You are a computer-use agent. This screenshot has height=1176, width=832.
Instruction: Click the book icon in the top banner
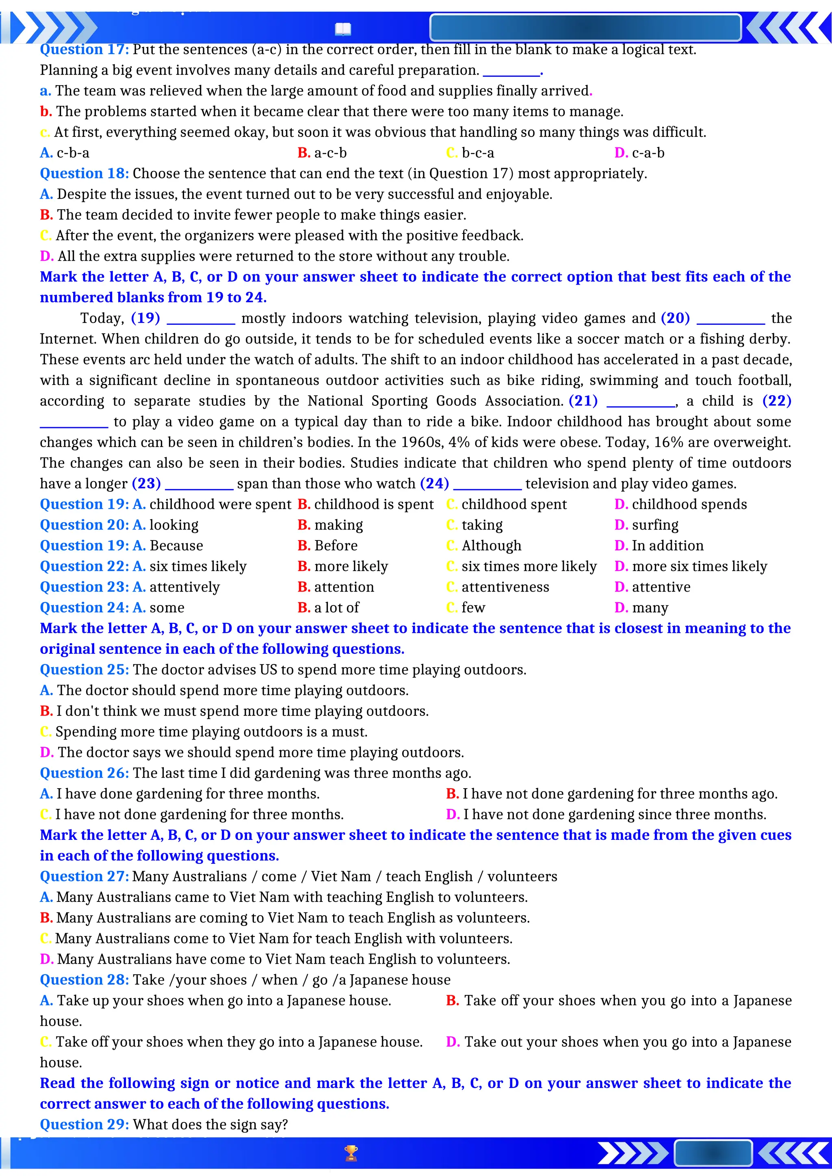[x=343, y=29]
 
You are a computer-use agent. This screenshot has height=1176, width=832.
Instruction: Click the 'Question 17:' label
[x=84, y=50]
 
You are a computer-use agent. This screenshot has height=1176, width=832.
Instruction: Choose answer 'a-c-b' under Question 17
[x=330, y=153]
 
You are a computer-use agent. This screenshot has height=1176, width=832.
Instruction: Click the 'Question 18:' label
[x=84, y=174]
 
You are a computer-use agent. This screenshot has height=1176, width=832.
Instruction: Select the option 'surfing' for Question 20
[x=655, y=525]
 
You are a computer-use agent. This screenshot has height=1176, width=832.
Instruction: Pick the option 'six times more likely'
[x=529, y=566]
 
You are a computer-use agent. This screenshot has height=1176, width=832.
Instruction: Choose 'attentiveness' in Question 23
[x=505, y=587]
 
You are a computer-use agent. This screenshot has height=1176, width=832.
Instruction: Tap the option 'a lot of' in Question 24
[x=337, y=608]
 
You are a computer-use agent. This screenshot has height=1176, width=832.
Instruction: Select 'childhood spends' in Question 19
[x=689, y=504]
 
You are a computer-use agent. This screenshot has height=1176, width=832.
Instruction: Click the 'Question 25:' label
[x=84, y=670]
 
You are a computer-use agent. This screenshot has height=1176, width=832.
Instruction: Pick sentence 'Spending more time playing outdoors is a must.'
[x=211, y=732]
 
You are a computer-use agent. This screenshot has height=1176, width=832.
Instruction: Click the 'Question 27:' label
[x=84, y=877]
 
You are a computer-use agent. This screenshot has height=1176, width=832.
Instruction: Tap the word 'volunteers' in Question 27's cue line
[x=522, y=877]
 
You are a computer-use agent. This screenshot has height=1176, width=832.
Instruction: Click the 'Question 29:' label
[x=84, y=1125]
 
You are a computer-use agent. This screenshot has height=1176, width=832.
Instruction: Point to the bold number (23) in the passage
[x=147, y=484]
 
